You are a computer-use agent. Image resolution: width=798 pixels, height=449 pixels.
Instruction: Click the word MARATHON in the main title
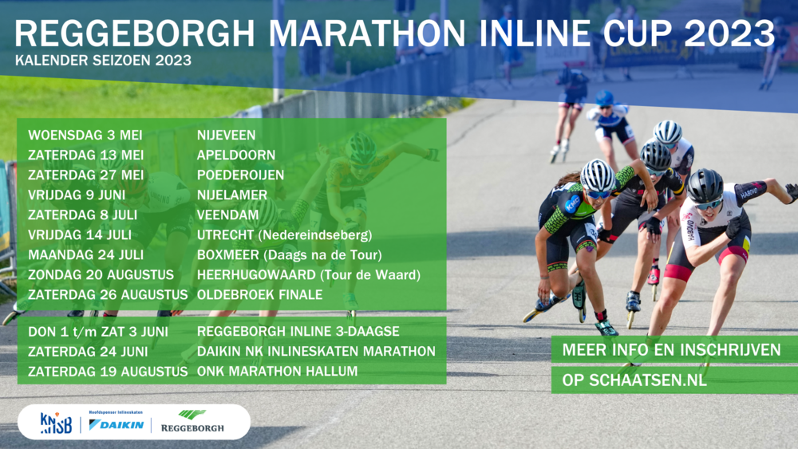[x=366, y=33]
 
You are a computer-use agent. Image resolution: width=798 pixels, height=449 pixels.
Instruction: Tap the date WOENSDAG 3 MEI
[x=85, y=136]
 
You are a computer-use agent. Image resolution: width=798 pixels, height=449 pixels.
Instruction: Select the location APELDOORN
[x=236, y=155]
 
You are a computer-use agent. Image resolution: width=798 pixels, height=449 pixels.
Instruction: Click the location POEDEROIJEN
[x=240, y=175]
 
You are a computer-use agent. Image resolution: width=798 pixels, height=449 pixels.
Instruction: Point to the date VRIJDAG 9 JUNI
[x=77, y=195]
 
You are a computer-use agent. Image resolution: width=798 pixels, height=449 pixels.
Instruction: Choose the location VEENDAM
[x=227, y=215]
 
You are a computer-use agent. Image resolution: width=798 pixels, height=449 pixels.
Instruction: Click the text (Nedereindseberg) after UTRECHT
[x=315, y=235]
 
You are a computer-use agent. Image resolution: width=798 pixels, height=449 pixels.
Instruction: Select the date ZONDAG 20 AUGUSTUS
[x=101, y=275]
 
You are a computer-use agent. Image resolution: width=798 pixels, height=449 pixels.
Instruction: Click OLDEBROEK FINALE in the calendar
[x=259, y=295]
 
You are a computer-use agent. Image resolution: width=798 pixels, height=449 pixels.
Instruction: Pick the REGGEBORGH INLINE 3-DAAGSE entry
[x=298, y=332]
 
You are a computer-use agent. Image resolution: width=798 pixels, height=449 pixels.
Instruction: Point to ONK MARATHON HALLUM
[x=277, y=371]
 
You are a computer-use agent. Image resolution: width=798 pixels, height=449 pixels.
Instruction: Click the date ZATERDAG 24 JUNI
[x=88, y=352]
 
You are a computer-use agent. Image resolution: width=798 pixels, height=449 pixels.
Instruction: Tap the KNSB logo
[x=56, y=423]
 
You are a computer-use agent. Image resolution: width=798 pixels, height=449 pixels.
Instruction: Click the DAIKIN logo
[x=116, y=424]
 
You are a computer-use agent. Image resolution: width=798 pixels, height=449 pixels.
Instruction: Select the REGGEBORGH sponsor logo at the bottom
[x=192, y=422]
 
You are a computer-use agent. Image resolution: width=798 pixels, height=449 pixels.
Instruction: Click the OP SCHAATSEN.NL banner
[x=674, y=380]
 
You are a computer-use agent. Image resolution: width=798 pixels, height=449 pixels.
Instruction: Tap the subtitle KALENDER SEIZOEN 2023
[x=103, y=60]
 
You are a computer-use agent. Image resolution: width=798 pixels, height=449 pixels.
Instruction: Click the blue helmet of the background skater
[x=604, y=97]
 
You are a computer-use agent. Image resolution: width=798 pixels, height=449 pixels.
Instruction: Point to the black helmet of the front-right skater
[x=705, y=185]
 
